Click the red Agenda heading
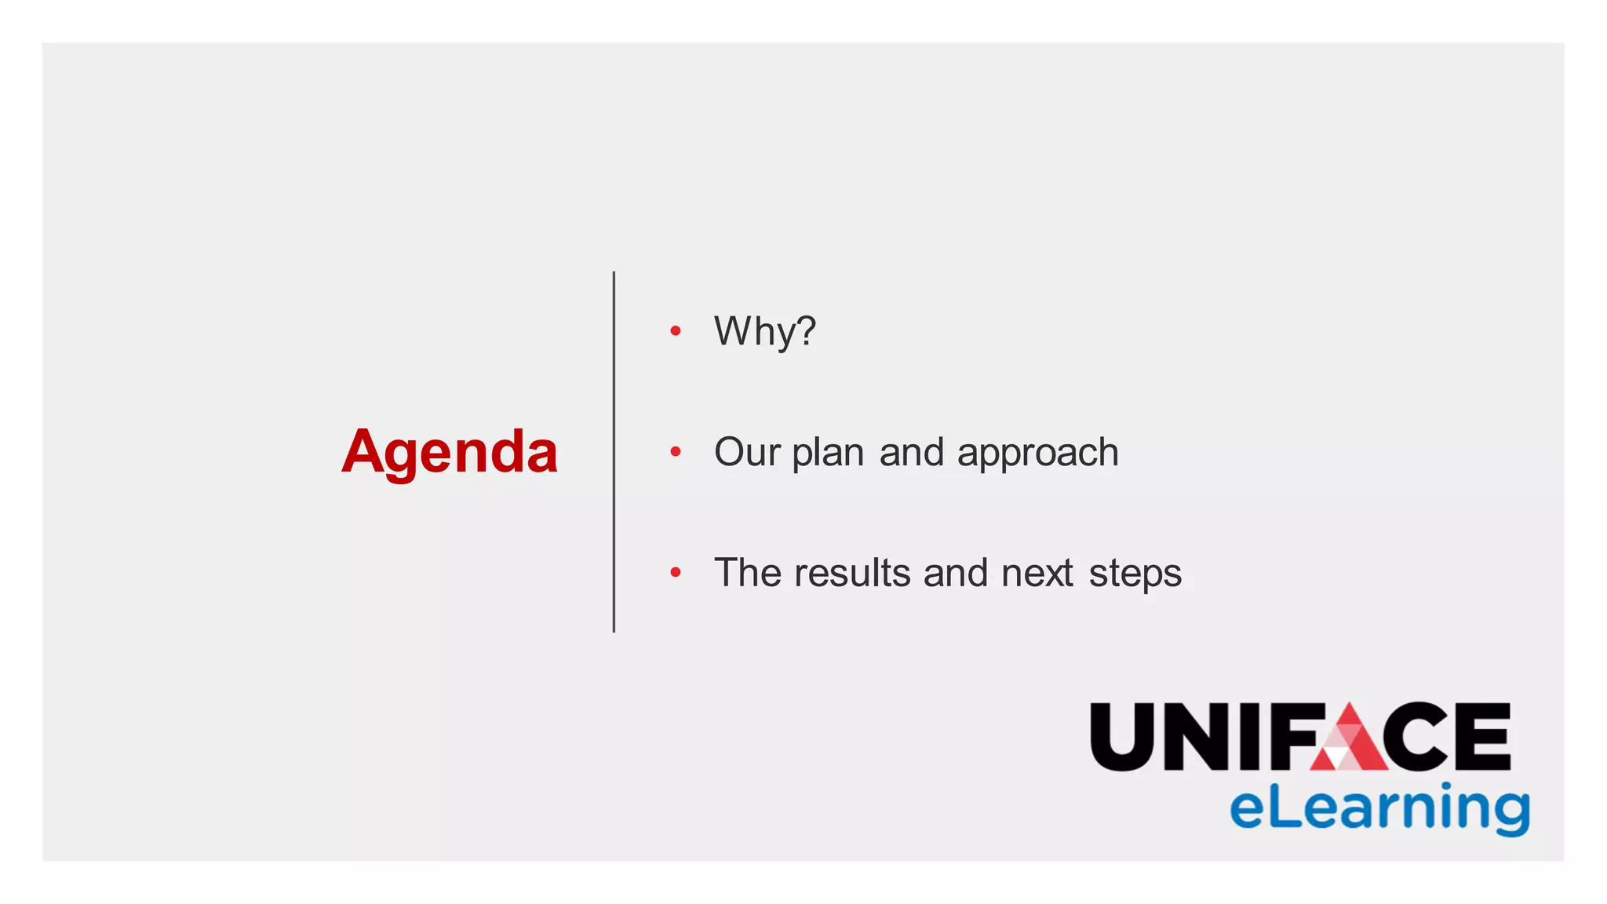tap(449, 452)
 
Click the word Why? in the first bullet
tap(764, 331)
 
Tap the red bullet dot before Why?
tap(676, 331)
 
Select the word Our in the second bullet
tap(746, 452)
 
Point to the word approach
tap(1037, 454)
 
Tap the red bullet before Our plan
tap(676, 452)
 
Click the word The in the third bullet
tap(748, 572)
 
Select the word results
tap(852, 572)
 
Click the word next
tap(1037, 572)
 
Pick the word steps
tap(1135, 574)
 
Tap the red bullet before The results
tap(676, 573)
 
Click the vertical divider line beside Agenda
tap(614, 452)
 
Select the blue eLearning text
tap(1379, 808)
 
